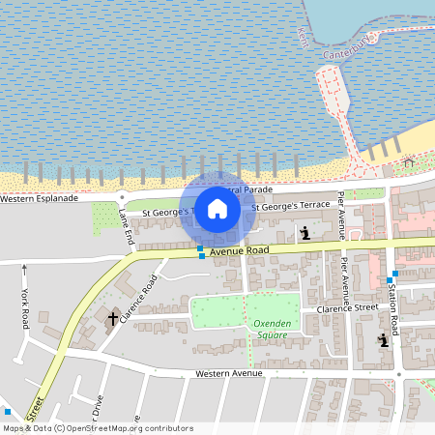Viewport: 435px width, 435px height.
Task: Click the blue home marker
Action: (x=217, y=209)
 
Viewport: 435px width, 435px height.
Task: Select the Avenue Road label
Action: (x=239, y=250)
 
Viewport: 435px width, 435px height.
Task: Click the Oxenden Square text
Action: (x=273, y=329)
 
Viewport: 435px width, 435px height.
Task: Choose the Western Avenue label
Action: (x=228, y=372)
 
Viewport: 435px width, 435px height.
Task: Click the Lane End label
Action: (x=126, y=225)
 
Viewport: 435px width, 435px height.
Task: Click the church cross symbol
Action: (x=112, y=317)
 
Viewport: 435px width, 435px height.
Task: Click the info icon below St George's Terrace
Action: (x=305, y=233)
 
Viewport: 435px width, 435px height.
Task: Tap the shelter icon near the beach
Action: (x=408, y=160)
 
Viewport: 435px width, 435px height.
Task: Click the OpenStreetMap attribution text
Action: (x=97, y=427)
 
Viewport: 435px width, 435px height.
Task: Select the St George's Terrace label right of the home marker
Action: (x=290, y=207)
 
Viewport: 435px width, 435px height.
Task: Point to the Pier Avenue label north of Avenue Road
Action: (x=341, y=214)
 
